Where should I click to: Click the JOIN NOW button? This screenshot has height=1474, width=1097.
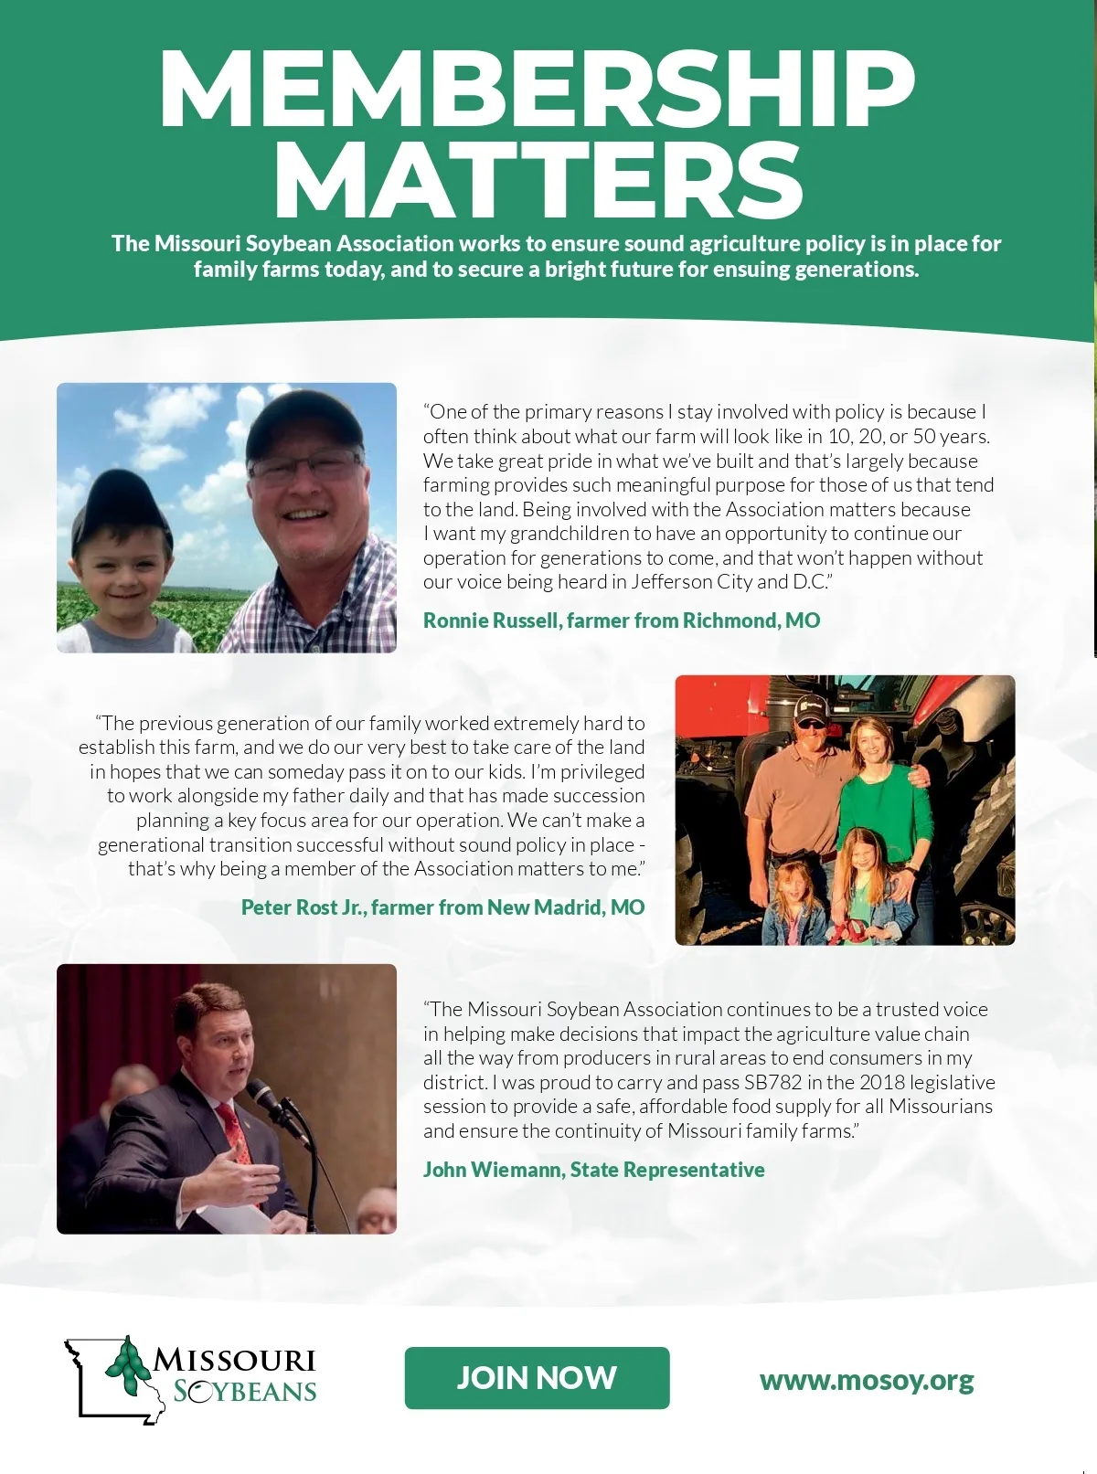[537, 1378]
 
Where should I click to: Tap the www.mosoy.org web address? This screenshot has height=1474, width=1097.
[867, 1379]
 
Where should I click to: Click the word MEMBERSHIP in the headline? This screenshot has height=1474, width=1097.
[537, 89]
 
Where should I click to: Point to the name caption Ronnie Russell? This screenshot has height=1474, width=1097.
[622, 620]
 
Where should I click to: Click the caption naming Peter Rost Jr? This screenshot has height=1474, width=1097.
[442, 907]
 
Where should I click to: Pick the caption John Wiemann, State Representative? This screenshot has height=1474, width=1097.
[594, 1170]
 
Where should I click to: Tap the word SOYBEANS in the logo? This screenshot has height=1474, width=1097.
[245, 1392]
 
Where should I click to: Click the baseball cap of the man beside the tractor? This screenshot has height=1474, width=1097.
[809, 705]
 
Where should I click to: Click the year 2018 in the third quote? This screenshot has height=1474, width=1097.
[866, 1083]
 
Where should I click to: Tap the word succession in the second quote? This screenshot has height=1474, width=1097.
[600, 796]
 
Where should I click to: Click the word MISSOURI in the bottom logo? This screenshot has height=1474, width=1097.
[234, 1361]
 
